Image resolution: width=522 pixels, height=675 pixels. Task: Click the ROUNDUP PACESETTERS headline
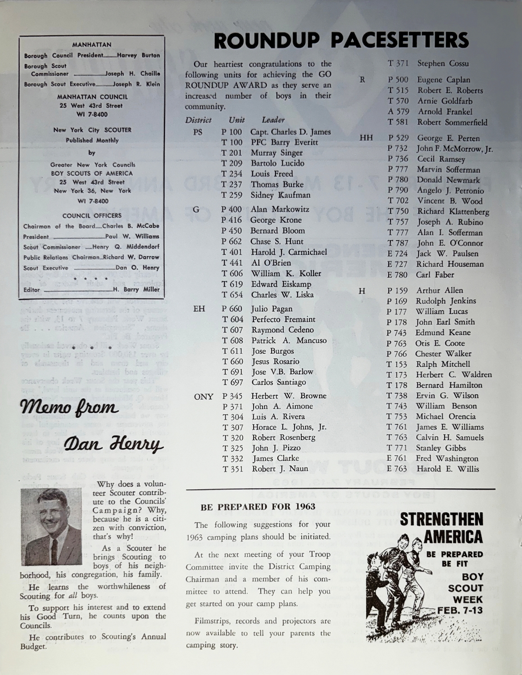point(341,40)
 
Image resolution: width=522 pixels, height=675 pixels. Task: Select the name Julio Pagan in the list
point(272,309)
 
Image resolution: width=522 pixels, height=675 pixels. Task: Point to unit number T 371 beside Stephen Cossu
point(397,64)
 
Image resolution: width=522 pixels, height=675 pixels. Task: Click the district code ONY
point(203,397)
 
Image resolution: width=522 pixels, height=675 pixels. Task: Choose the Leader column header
point(273,120)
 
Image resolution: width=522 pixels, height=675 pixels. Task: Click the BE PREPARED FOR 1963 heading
point(258,507)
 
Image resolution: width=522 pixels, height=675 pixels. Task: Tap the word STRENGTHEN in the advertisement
point(441,520)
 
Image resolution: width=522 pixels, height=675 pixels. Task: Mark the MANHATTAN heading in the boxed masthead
point(91,45)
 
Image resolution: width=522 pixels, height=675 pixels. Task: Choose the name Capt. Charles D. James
point(291,132)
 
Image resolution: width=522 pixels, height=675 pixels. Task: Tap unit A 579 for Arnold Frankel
point(397,112)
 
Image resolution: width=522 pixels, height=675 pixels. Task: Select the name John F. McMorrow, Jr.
point(454,148)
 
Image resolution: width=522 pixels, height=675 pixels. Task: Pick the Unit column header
point(236,120)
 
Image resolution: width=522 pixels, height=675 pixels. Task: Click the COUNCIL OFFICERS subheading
point(92,216)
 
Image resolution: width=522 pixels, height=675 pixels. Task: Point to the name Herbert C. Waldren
point(454,374)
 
